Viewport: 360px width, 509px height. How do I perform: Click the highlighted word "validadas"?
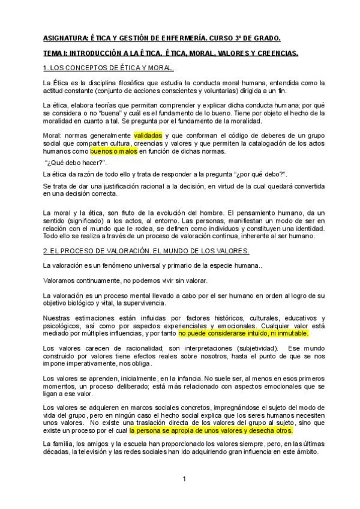pyautogui.click(x=148, y=136)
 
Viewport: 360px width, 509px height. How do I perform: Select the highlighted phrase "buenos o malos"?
pyautogui.click(x=115, y=151)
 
